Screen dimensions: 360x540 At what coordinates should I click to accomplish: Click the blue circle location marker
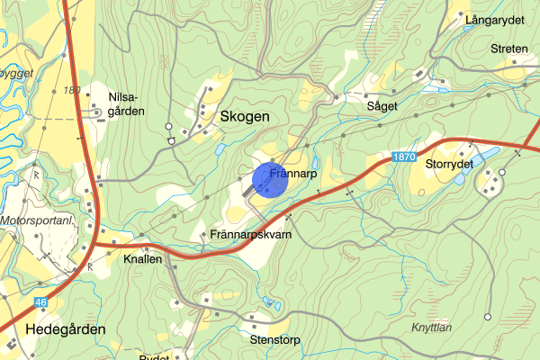coord(269,179)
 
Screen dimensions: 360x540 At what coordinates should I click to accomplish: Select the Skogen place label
coord(244,117)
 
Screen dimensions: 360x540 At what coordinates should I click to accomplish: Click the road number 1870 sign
coord(404,157)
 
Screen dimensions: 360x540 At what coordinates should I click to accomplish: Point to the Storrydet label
coord(449,165)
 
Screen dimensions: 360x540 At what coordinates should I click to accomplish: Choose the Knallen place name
coord(142,258)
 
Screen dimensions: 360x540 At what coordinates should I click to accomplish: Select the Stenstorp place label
coord(274,341)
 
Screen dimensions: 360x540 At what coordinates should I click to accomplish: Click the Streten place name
coord(509,49)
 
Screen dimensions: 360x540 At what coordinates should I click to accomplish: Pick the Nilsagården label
coord(126,102)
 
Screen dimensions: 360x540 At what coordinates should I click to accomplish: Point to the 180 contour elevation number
coord(72,89)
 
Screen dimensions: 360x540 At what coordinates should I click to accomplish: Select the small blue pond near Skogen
coord(219,149)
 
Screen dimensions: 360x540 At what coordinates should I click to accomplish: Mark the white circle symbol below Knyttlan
coord(487,316)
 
